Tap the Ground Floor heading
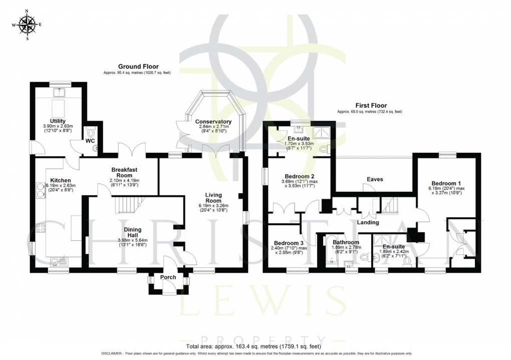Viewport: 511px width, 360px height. click(x=138, y=66)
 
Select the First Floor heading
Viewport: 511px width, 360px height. click(x=369, y=106)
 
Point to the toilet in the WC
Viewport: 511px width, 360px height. click(x=90, y=133)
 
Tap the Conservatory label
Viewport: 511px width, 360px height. click(x=213, y=122)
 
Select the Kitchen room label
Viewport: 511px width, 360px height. click(x=60, y=180)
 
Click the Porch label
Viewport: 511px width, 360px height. click(x=168, y=277)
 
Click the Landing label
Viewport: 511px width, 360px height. click(x=368, y=222)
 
